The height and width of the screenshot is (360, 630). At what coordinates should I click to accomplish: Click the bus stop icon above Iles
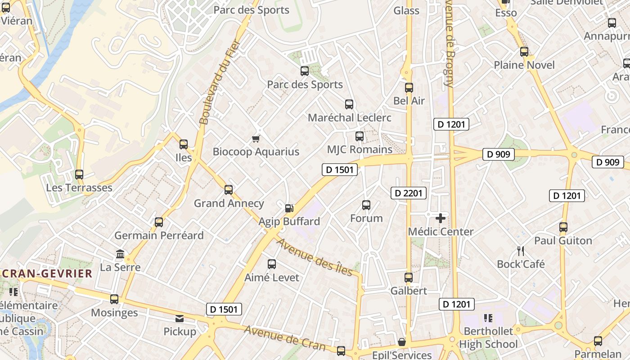point(184,144)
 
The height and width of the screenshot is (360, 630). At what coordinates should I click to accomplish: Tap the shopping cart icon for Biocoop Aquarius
point(256,139)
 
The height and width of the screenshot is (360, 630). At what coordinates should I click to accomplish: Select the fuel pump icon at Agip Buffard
point(289,208)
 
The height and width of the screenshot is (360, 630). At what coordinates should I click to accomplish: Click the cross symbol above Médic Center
point(441,219)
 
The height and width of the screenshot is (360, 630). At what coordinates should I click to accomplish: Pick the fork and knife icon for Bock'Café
point(521,251)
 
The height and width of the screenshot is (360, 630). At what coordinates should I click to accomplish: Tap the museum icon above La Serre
point(120,254)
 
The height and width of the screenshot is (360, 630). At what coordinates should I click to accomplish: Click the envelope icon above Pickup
point(180,319)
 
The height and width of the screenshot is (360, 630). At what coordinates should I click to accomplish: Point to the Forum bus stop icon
point(366,205)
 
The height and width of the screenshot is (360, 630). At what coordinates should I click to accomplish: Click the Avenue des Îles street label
point(314,257)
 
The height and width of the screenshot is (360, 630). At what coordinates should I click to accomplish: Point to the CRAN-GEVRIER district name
point(46,274)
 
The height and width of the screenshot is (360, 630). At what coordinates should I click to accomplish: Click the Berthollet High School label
point(488,337)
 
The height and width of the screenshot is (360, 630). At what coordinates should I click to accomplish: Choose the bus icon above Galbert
point(409,278)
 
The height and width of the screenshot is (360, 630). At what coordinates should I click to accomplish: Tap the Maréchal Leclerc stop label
point(350,118)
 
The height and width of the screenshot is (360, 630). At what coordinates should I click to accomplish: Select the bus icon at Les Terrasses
point(79,175)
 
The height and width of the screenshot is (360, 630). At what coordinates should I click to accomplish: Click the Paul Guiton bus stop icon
point(563,227)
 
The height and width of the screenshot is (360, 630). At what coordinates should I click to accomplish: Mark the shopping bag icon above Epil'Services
point(402,342)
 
